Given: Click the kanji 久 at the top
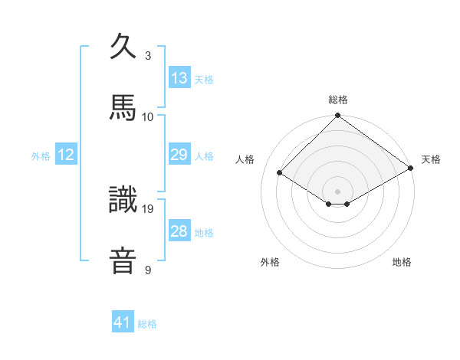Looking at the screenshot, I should tap(123, 47).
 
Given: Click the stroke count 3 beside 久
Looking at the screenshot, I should tap(148, 56).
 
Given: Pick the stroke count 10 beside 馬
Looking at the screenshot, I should tap(148, 116).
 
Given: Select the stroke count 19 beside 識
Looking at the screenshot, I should tap(148, 208).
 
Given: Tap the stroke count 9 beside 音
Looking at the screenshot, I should tap(148, 269).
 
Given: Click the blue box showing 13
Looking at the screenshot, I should tap(179, 77).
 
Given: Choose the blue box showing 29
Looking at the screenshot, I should tap(179, 155).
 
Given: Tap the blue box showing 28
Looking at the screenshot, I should tap(179, 231).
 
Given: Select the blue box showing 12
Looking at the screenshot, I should tap(66, 155).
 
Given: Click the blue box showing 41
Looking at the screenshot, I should tap(123, 322).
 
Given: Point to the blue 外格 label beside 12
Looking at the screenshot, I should tap(41, 155).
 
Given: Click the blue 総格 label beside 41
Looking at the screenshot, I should tap(147, 323).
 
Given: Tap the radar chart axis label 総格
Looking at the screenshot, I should tap(338, 100).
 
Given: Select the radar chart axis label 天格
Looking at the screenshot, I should tap(432, 159).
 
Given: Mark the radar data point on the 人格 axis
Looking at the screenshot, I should tap(280, 173).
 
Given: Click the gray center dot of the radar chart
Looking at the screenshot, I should tap(338, 191).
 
